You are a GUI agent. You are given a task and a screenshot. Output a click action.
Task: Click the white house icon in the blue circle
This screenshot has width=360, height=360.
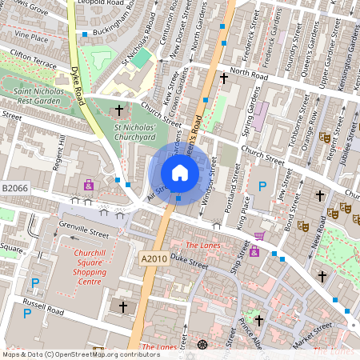[x=180, y=172]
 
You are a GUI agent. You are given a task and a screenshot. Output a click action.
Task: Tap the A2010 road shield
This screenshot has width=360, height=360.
[x=154, y=258]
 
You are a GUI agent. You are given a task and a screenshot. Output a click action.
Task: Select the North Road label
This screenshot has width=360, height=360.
[x=247, y=74]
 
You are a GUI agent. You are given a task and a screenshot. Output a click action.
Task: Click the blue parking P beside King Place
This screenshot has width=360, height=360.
[x=262, y=186]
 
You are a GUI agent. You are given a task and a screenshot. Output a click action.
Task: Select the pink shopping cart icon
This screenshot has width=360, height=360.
[x=258, y=236]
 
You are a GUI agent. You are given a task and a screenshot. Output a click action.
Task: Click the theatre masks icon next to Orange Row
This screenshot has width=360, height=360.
[x=325, y=138]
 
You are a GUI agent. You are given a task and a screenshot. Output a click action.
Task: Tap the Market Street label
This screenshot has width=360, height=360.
[x=311, y=327]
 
